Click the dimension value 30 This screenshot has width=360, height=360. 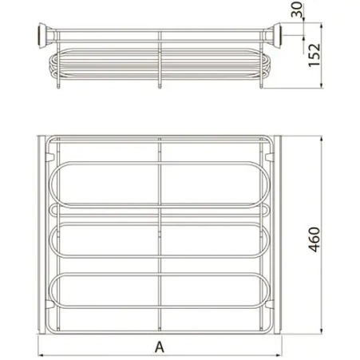pyautogui.click(x=297, y=10)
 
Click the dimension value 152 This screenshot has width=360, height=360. pyautogui.click(x=315, y=55)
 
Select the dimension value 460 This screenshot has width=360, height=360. pyautogui.click(x=315, y=239)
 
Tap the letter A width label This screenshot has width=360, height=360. pyautogui.click(x=160, y=347)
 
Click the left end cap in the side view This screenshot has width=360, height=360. pyautogui.click(x=43, y=36)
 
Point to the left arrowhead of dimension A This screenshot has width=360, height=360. pyautogui.click(x=41, y=355)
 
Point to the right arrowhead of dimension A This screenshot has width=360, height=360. pyautogui.click(x=279, y=355)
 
